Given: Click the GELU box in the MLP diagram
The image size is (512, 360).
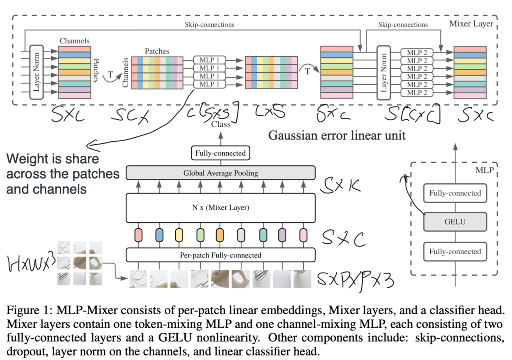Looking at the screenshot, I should pyautogui.click(x=455, y=222).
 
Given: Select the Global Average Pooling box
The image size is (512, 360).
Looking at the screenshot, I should pyautogui.click(x=220, y=173).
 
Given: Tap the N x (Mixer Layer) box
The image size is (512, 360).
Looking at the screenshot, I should pyautogui.click(x=220, y=208).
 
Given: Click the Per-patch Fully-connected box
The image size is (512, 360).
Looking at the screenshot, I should pyautogui.click(x=220, y=255).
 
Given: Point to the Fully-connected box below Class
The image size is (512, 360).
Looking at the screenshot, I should pyautogui.click(x=220, y=153).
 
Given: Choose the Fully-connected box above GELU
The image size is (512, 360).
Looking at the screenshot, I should pyautogui.click(x=455, y=193).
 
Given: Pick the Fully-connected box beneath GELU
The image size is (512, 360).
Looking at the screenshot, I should pyautogui.click(x=455, y=252).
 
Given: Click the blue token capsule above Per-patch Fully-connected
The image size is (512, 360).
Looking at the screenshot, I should pyautogui.click(x=159, y=235).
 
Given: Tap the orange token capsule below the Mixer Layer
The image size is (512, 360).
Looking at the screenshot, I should pyautogui.click(x=220, y=235).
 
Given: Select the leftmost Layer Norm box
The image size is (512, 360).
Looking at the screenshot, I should pyautogui.click(x=36, y=72).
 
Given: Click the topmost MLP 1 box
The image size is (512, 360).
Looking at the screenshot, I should pyautogui.click(x=210, y=60).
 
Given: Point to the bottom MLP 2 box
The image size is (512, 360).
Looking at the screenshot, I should pyautogui.click(x=417, y=93).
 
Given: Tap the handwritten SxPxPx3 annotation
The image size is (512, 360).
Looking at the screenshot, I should pyautogui.click(x=355, y=280).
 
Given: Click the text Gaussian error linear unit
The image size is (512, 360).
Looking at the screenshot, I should pyautogui.click(x=337, y=135).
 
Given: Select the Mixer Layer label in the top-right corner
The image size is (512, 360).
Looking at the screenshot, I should pyautogui.click(x=471, y=24).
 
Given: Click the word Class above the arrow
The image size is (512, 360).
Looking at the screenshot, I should pyautogui.click(x=220, y=124).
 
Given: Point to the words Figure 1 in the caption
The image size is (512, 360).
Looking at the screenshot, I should pyautogui.click(x=28, y=310).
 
